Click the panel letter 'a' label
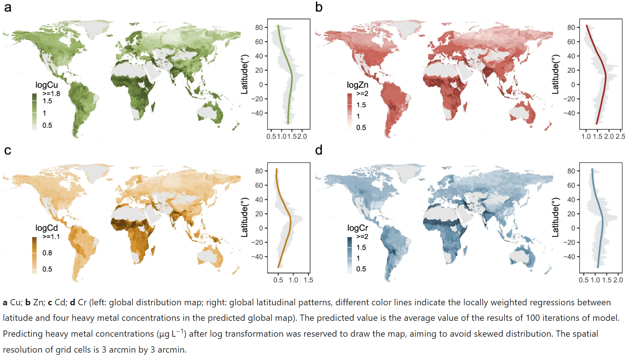click(7, 8)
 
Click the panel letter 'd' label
click(319, 150)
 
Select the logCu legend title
click(47, 85)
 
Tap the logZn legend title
click(357, 85)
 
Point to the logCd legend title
click(47, 228)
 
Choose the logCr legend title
click(357, 228)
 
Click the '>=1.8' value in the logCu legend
click(51, 94)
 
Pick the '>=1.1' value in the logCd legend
click(51, 237)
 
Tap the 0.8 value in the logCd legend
click(47, 253)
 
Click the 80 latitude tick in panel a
click(259, 27)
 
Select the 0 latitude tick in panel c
click(261, 228)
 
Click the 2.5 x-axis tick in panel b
click(620, 136)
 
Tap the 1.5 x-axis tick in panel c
click(308, 280)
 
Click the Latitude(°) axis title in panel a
click(244, 74)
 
